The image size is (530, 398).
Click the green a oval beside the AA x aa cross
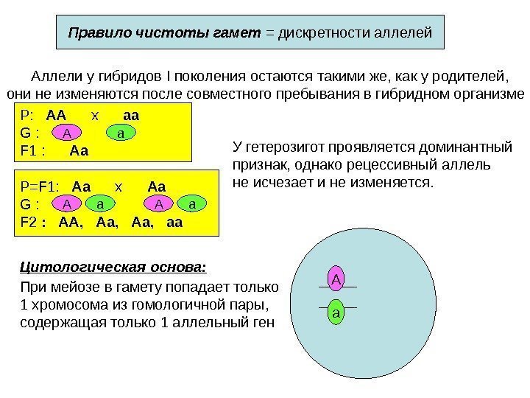pyautogui.click(x=121, y=133)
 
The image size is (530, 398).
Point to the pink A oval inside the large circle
pyautogui.click(x=337, y=279)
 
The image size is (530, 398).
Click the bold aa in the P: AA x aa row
pyautogui.click(x=132, y=116)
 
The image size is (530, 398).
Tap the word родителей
pyautogui.click(x=464, y=76)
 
